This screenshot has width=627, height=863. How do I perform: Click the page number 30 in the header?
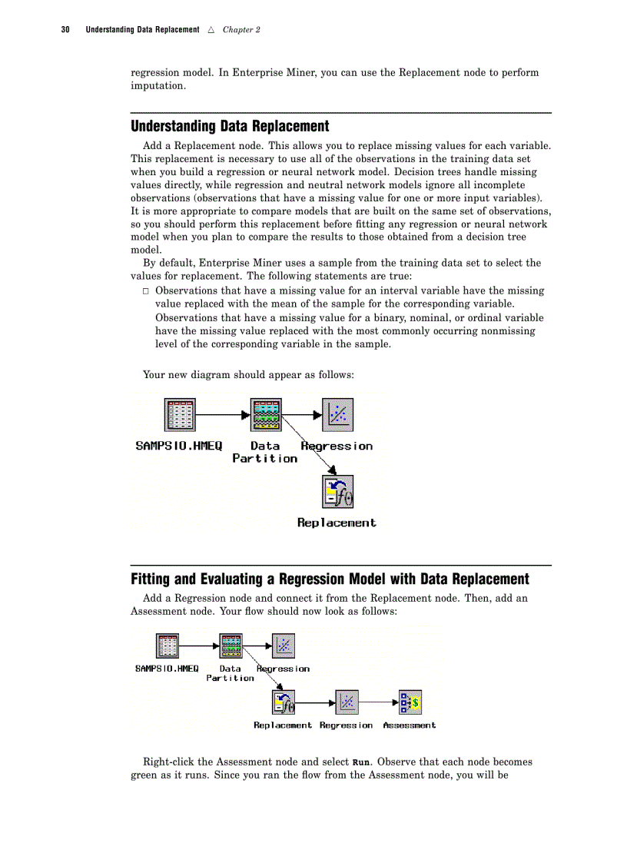pos(65,30)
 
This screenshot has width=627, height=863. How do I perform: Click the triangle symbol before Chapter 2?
pos(211,30)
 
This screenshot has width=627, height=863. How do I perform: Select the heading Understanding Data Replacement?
pos(230,126)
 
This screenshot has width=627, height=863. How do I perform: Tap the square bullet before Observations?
pos(146,291)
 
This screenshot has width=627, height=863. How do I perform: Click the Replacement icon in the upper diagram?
pos(337,491)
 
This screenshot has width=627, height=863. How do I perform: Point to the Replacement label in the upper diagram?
pos(337,523)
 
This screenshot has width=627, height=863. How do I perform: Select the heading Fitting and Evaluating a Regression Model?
pos(330,579)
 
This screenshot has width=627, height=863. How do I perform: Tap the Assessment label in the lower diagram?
pos(409,725)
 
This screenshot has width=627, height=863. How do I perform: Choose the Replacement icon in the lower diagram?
pos(283,701)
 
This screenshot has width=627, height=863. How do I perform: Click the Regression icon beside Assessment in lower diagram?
pos(347,701)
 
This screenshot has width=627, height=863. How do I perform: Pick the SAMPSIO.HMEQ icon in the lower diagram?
pos(168,646)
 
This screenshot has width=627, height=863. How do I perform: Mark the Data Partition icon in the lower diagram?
pos(231,646)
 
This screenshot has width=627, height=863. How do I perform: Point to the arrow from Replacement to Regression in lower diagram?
pos(315,702)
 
